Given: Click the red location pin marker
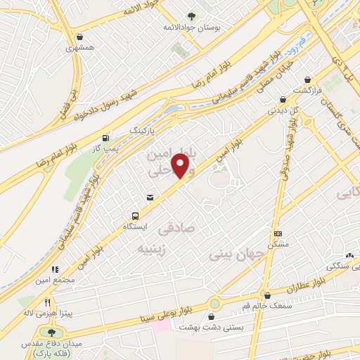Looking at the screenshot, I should click(181, 167).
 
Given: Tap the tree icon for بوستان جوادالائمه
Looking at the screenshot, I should click(192, 15).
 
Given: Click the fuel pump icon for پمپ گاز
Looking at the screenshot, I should click(105, 138).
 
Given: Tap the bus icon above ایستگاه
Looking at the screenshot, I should click(135, 216).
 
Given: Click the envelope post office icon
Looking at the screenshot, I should click(149, 198).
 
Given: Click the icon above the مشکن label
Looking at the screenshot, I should click(278, 233).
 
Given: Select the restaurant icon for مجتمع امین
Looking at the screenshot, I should click(53, 269).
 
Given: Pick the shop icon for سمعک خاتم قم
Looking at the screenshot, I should click(266, 295).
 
